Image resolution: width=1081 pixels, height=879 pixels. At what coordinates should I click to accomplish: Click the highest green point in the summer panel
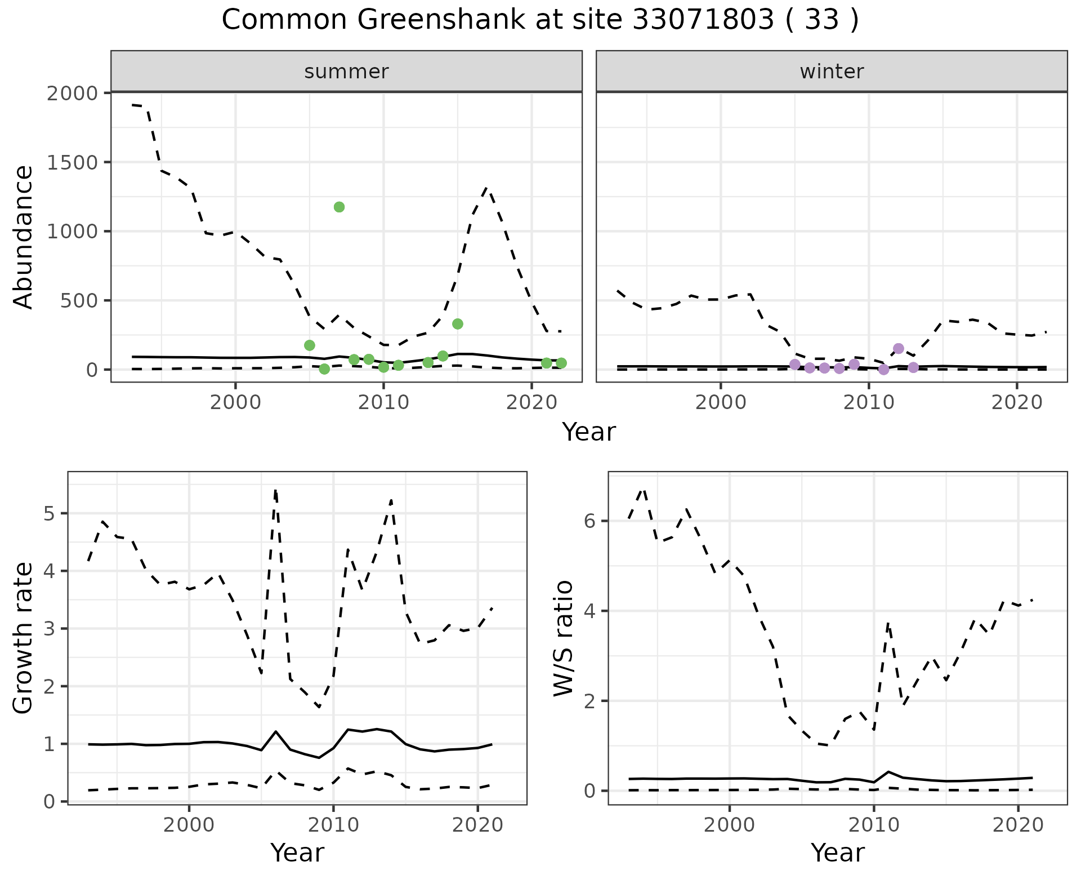(x=339, y=207)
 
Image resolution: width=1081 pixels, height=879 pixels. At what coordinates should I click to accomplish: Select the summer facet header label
(x=346, y=72)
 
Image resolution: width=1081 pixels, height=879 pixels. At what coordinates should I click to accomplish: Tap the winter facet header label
(x=832, y=72)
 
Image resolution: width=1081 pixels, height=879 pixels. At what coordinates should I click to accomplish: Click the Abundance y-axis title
(x=24, y=237)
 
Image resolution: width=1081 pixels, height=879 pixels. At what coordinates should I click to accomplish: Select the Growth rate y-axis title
(x=24, y=638)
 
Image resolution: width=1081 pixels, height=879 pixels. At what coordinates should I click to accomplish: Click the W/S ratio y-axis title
(x=563, y=638)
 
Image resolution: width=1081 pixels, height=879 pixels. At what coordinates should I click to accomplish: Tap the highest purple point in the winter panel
(x=899, y=348)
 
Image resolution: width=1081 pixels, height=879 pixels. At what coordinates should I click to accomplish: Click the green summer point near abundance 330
(x=458, y=323)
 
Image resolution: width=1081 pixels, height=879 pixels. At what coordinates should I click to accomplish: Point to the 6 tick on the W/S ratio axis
(x=589, y=521)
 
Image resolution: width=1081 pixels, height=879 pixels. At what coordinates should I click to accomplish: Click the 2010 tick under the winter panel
(x=868, y=403)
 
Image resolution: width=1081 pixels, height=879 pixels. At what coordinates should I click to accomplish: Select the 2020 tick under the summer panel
(x=531, y=403)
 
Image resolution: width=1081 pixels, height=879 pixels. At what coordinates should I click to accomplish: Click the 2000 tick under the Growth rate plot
(x=189, y=825)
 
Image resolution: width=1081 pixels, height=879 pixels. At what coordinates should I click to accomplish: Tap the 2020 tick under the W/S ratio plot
(x=1017, y=825)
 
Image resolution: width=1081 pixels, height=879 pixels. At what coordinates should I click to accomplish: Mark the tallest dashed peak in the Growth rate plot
(x=275, y=491)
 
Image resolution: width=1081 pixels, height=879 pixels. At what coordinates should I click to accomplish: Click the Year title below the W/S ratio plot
(x=837, y=853)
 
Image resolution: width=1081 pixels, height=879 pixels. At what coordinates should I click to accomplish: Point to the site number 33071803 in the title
(x=703, y=20)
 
